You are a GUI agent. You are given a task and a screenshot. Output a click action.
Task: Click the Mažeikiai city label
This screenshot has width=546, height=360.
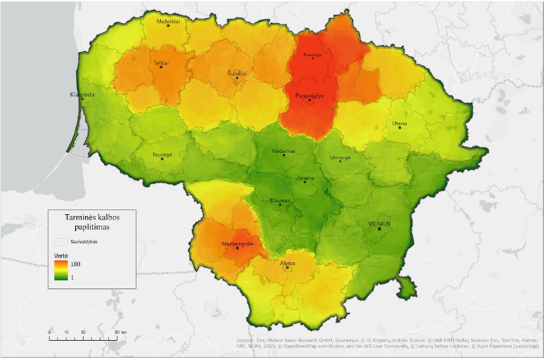[x=168, y=21]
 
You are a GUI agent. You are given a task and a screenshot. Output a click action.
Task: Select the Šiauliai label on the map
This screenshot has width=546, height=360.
[x=237, y=73]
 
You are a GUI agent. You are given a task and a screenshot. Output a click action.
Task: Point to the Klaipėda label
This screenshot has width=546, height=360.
[x=82, y=94]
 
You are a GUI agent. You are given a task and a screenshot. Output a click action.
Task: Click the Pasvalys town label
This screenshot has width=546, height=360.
[x=313, y=54]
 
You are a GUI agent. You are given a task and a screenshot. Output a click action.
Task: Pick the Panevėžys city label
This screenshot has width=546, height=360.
[x=310, y=95]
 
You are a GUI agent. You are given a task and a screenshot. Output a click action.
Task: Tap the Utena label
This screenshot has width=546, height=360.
[x=400, y=123]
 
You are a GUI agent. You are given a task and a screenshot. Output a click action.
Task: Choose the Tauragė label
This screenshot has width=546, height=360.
[x=162, y=155]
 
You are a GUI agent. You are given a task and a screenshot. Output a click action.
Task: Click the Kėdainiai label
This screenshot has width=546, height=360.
[x=284, y=150]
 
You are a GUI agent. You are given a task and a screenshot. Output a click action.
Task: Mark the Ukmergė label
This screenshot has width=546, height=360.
[x=340, y=157]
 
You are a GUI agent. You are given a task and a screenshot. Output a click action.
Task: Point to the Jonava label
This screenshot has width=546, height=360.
[x=304, y=178]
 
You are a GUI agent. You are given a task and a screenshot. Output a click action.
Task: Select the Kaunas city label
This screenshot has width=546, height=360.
[x=280, y=200]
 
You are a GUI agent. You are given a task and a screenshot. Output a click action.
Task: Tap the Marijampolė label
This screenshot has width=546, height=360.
[x=236, y=243]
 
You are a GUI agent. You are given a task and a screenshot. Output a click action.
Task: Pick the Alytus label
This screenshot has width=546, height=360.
[x=287, y=263]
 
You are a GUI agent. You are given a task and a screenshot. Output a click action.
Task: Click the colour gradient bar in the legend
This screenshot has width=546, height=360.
[x=61, y=271]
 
